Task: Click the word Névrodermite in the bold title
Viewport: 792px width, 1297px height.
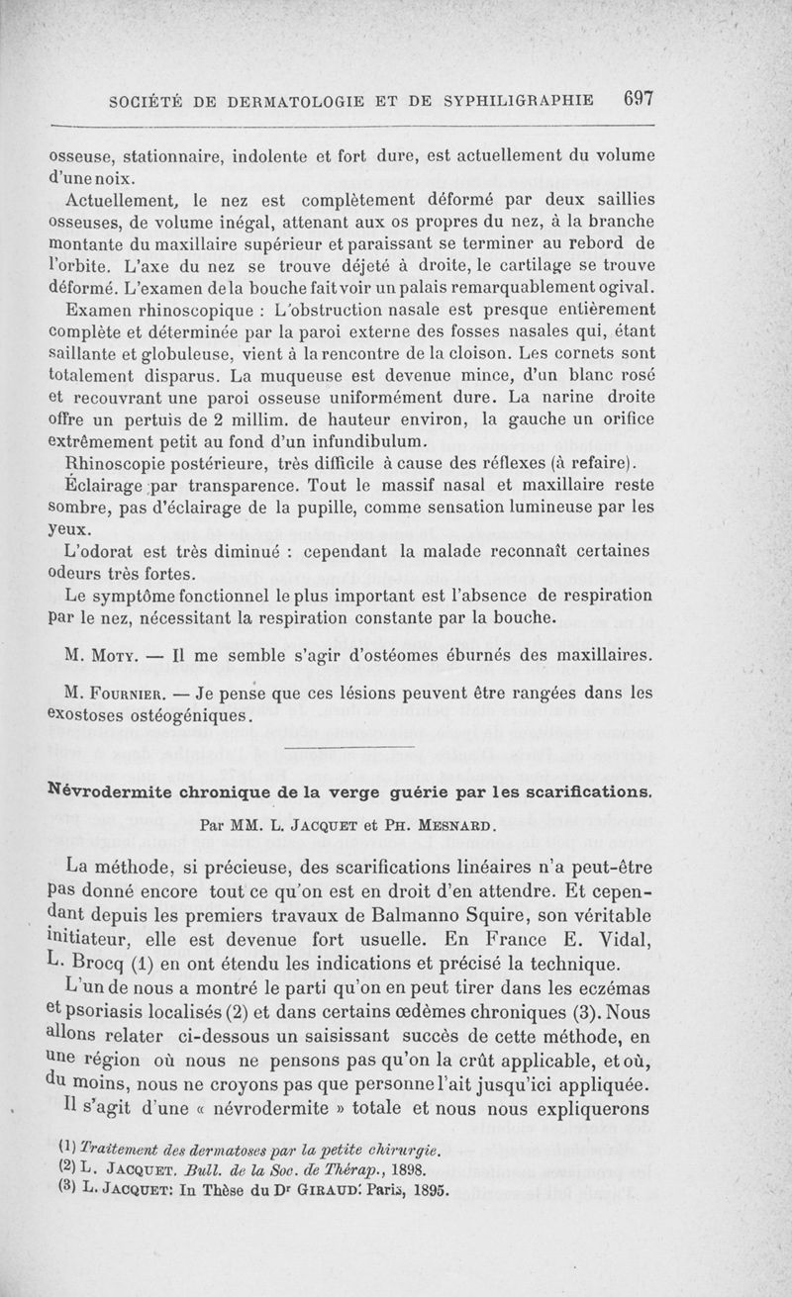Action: pyautogui.click(x=108, y=792)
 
